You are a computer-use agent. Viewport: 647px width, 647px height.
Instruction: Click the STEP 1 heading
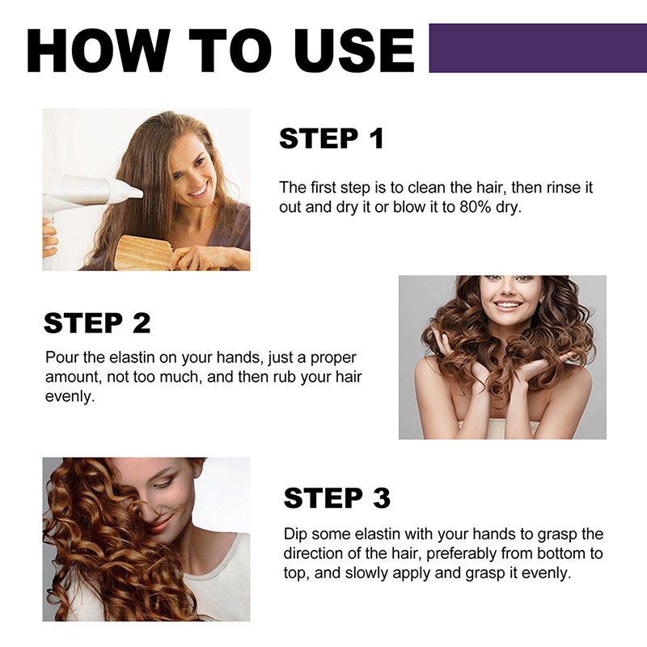click(x=332, y=138)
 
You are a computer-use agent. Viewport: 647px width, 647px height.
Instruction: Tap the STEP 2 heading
click(x=97, y=323)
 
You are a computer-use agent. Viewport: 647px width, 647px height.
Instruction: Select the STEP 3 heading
click(x=336, y=497)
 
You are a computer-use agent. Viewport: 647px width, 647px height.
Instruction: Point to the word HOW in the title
click(x=98, y=51)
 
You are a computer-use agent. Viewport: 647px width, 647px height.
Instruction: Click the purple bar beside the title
click(x=538, y=48)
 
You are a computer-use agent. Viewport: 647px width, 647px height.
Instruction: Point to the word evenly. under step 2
click(x=70, y=396)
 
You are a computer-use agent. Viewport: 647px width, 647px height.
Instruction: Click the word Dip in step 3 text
click(x=295, y=534)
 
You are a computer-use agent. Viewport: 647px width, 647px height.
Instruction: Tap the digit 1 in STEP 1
click(x=377, y=138)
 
